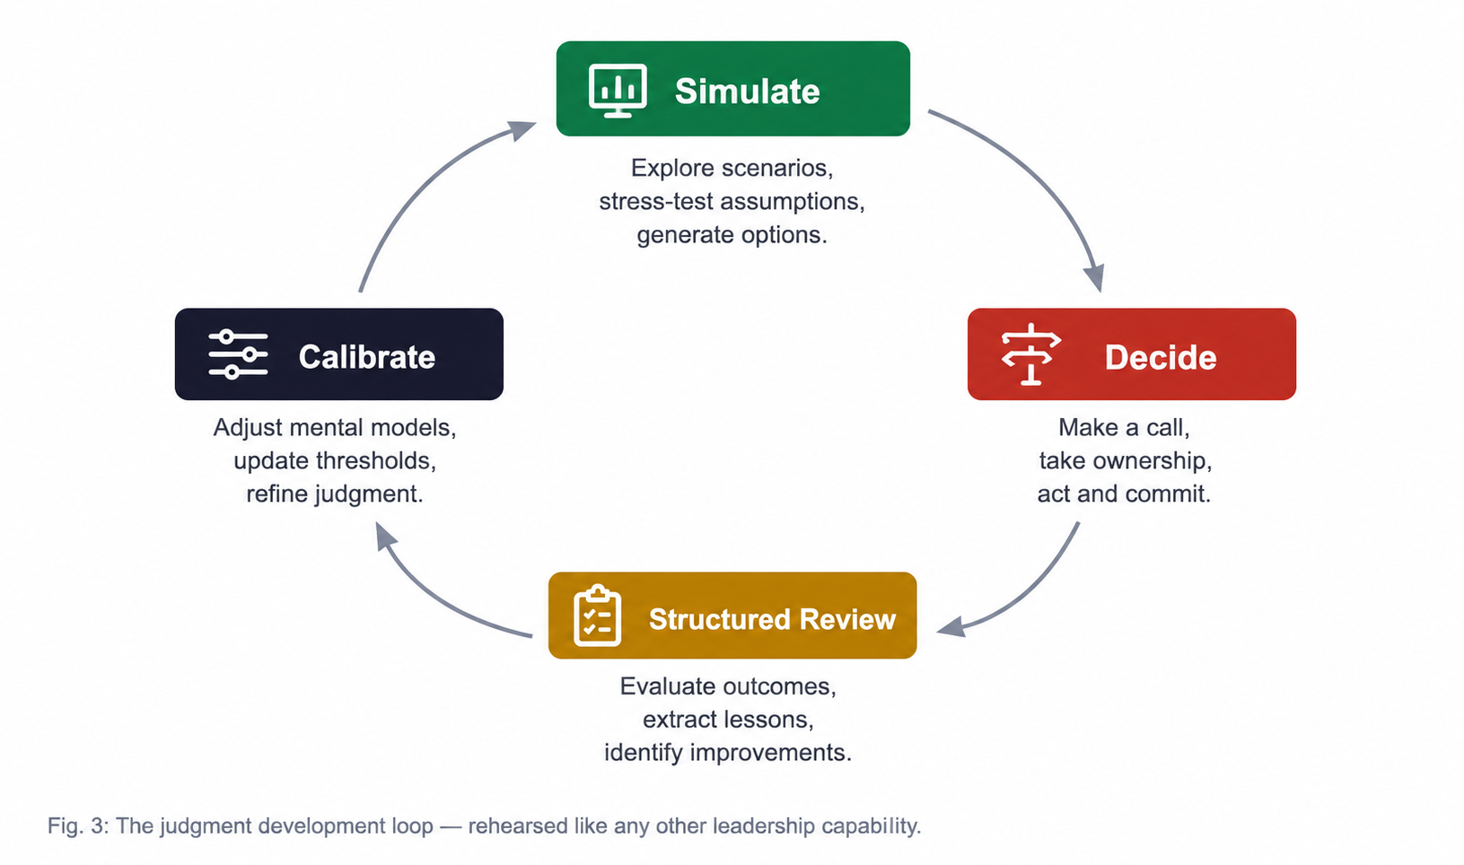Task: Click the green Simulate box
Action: coord(732,89)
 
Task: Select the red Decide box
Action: coord(1131,354)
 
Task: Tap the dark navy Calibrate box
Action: coord(339,354)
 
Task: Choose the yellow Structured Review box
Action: coord(732,616)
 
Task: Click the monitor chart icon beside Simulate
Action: coord(618,91)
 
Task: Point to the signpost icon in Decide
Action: coord(1030,354)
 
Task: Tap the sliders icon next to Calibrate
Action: coord(238,354)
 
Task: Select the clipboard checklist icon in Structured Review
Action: coord(597,616)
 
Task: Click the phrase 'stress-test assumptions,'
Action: coord(732,201)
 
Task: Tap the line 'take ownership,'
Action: coord(1126,460)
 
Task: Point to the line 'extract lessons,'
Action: coord(728,720)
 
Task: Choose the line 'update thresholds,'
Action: coord(335,460)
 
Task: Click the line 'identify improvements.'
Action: coord(728,753)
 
